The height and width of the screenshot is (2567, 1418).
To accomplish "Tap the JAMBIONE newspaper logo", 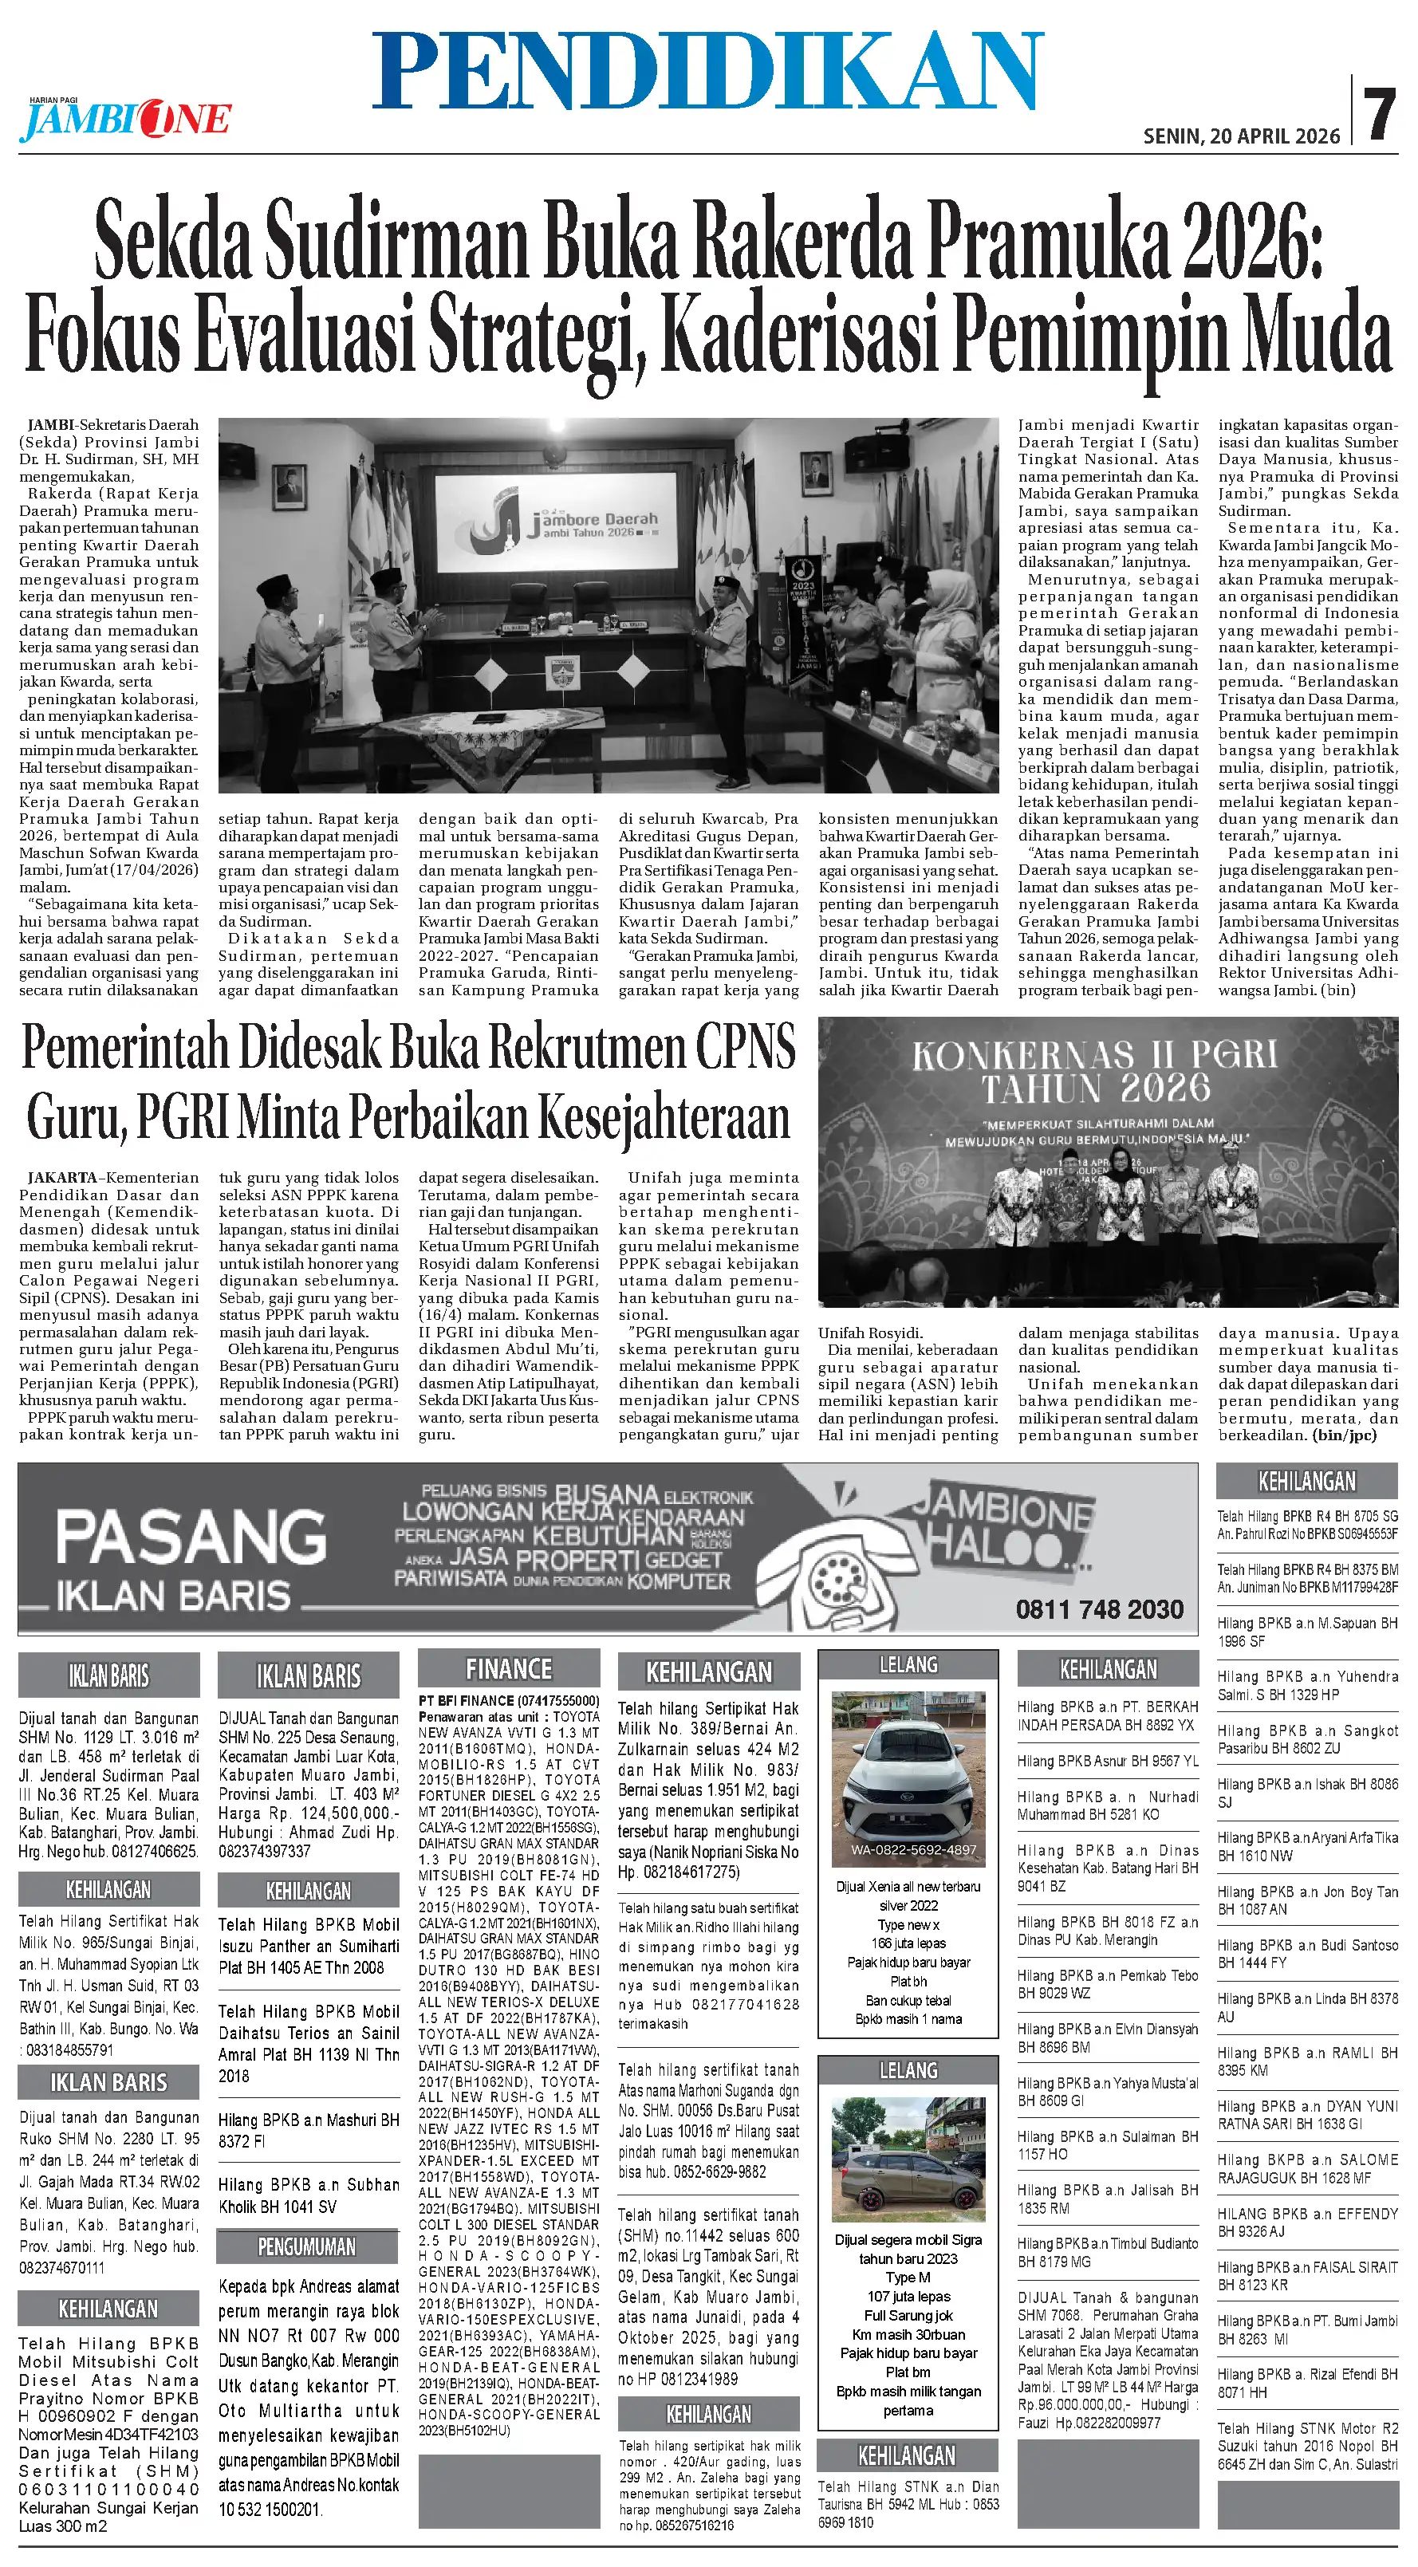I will (x=125, y=120).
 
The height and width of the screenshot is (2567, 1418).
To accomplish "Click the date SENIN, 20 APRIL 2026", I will (x=1241, y=136).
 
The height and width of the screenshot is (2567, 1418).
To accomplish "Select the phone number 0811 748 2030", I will (x=1099, y=1609).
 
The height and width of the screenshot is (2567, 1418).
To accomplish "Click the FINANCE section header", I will (x=508, y=1669).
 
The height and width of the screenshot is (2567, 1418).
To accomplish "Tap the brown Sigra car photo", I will (x=908, y=2144).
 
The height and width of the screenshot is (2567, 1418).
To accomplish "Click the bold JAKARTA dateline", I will (x=61, y=1178).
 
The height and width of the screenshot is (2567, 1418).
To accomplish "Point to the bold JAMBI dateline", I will (x=52, y=424).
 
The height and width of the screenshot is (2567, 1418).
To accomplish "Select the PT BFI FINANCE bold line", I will (x=508, y=1700).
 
